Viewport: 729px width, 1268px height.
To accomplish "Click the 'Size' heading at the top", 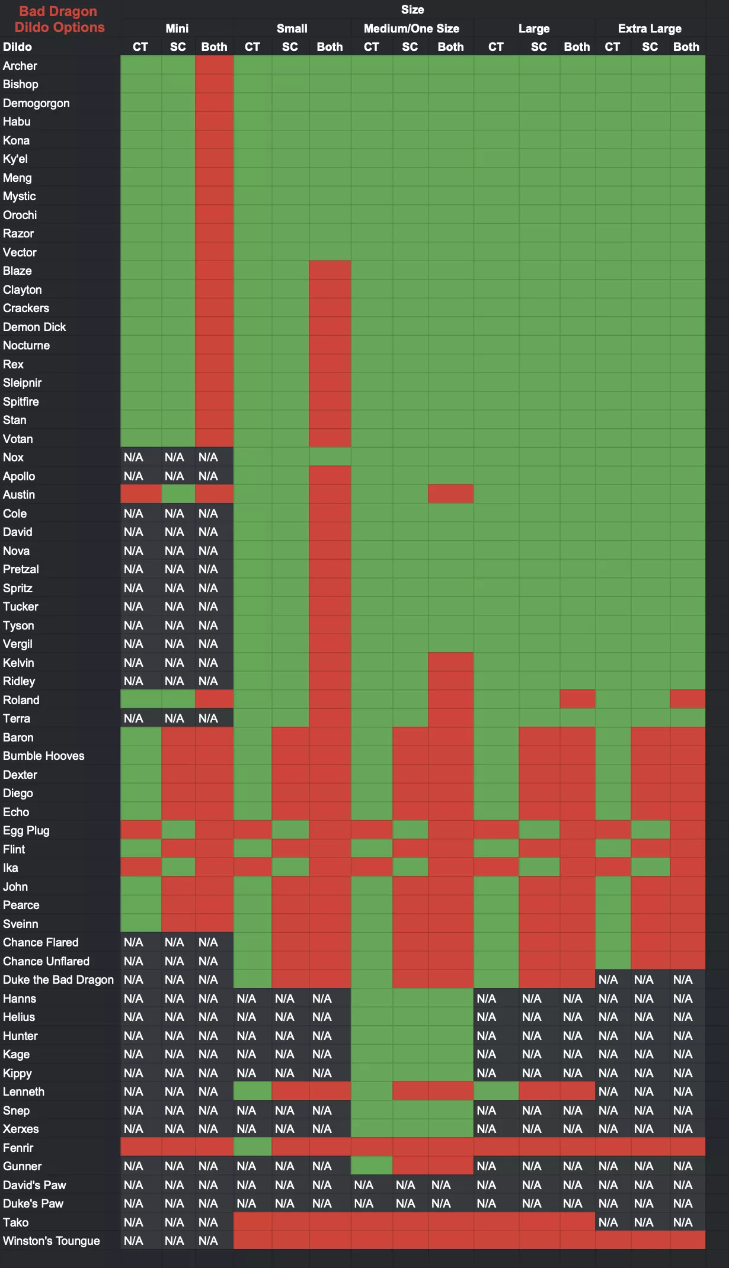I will click(412, 9).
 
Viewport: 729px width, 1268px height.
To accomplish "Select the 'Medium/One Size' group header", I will click(411, 28).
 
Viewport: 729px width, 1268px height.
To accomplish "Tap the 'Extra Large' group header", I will click(650, 28).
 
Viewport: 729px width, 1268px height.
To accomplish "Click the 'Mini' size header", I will click(177, 28).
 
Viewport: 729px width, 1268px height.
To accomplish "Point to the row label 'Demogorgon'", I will click(36, 103).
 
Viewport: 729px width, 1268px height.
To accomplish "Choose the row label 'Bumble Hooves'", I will click(43, 756).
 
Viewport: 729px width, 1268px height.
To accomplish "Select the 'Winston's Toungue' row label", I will click(51, 1241).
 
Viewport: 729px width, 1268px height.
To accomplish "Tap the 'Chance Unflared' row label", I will click(46, 961).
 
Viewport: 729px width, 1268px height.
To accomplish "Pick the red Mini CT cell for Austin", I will click(140, 494).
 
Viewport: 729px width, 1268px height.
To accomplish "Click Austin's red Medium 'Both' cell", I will click(450, 494).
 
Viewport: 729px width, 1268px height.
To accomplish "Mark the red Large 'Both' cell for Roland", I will click(577, 699).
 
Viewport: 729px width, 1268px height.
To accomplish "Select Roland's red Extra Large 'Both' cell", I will click(688, 699).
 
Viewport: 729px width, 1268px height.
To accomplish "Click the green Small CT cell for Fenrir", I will click(252, 1147).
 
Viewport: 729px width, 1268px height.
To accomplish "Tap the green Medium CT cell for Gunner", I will click(372, 1166).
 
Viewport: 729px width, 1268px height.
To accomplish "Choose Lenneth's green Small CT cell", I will click(252, 1092).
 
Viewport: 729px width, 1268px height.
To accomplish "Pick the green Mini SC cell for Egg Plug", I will click(178, 830).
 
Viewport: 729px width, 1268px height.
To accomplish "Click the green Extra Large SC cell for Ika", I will click(650, 868).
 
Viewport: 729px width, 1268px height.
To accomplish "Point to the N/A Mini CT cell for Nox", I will click(133, 457).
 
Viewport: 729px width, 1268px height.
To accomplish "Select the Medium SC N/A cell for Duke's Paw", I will click(405, 1203).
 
